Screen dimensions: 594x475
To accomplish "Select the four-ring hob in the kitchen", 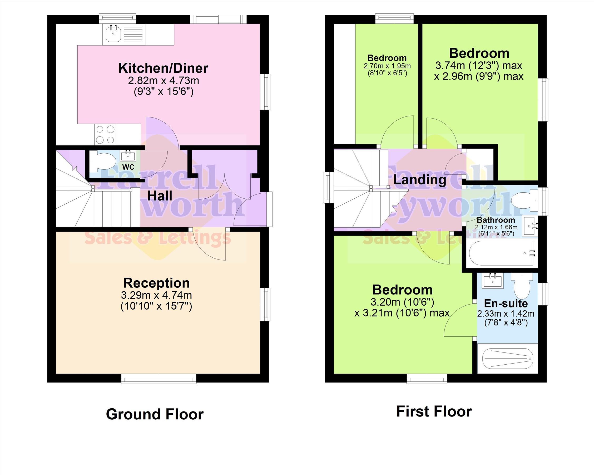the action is (x=105, y=135).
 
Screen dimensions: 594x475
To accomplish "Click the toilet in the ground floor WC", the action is (x=102, y=160).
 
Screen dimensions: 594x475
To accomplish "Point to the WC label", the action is (x=128, y=167).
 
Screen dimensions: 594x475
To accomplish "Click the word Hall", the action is (x=160, y=196).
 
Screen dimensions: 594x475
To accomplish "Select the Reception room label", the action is (x=156, y=283).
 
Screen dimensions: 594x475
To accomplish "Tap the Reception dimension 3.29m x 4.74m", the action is (x=156, y=295).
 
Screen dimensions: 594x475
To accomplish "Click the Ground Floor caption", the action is (x=155, y=414).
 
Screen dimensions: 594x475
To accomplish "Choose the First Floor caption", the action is (x=434, y=412).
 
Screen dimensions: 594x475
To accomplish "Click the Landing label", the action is (x=420, y=180).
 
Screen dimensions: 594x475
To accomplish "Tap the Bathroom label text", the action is (x=496, y=220).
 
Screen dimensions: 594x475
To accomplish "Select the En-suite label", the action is (x=506, y=303).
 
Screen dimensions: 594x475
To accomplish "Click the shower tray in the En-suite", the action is (x=507, y=358).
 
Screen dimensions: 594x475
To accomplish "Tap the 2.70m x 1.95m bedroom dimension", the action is (x=387, y=66).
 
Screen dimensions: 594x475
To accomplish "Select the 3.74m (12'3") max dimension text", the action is (x=479, y=66).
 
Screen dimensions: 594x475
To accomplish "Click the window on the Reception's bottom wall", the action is (x=159, y=379).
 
